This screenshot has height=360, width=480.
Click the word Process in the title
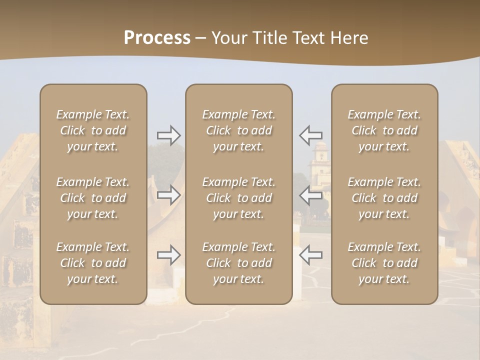[157, 38]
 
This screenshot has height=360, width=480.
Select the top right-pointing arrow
[169, 135]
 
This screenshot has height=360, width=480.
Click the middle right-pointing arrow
[169, 195]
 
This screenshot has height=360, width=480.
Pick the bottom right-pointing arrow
[169, 255]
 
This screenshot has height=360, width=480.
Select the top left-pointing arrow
[310, 135]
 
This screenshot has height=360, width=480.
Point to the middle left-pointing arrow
[310, 195]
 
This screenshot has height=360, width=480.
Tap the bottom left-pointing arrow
[310, 255]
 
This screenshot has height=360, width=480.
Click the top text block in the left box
[93, 130]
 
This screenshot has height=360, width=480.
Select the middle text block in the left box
[93, 198]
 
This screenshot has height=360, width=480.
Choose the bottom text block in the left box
[93, 263]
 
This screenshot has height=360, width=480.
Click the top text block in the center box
[239, 130]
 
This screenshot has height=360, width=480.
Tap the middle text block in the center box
[239, 198]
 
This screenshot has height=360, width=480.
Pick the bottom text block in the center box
[239, 263]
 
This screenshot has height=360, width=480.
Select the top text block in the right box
[384, 130]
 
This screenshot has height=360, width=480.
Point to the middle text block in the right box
[384, 198]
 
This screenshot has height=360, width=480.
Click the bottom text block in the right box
[384, 263]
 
